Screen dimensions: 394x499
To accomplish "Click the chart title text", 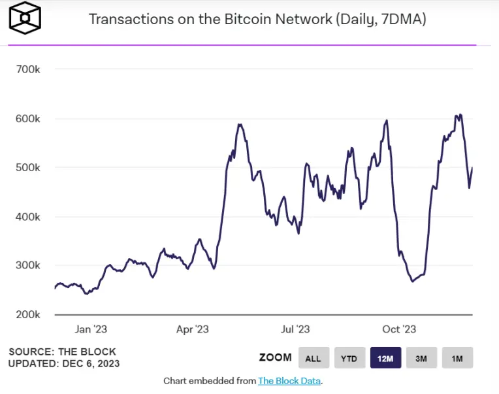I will [x=257, y=19].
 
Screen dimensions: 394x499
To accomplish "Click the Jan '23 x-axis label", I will [x=91, y=329].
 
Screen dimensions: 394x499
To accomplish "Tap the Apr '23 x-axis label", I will [x=193, y=329].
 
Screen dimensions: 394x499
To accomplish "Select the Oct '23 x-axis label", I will [x=398, y=329].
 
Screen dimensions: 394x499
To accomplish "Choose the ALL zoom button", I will [x=314, y=358].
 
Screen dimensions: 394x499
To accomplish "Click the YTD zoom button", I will [x=349, y=358].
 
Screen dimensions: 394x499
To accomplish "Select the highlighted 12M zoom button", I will [x=385, y=358].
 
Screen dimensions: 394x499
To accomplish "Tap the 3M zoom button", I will [x=421, y=358].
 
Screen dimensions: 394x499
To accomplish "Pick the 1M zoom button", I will [x=457, y=358].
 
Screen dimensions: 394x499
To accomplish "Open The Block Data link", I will [x=289, y=381].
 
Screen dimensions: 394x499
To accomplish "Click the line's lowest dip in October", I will [x=413, y=281].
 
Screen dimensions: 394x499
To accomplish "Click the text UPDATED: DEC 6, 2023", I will [x=64, y=363].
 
